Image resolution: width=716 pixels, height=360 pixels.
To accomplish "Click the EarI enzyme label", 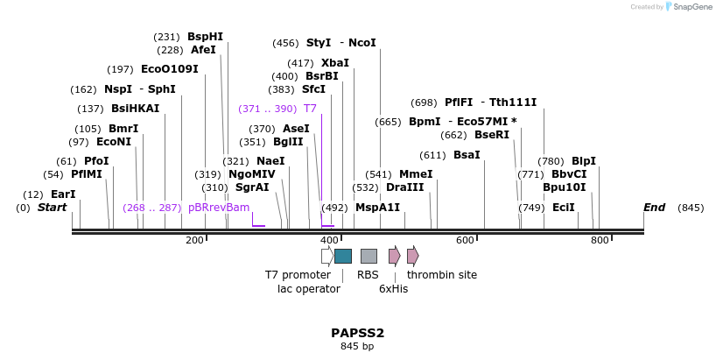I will click(x=63, y=194).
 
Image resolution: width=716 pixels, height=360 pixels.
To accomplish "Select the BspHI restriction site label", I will click(x=205, y=37).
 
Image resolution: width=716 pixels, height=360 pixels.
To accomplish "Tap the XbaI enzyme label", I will click(x=334, y=63).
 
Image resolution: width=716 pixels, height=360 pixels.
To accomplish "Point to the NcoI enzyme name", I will click(x=362, y=43).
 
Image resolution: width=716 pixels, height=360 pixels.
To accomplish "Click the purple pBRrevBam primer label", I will click(x=219, y=208).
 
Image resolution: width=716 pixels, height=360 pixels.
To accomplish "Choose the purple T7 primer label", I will click(x=310, y=109).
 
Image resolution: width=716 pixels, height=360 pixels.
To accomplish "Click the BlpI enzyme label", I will click(x=583, y=161).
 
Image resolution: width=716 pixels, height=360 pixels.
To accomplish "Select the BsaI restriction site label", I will click(x=467, y=155).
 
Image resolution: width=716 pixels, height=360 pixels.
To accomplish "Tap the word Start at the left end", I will click(x=52, y=208).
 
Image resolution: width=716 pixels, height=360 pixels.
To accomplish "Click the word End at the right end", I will click(x=654, y=208).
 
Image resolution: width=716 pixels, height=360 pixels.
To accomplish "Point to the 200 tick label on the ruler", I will click(x=194, y=240).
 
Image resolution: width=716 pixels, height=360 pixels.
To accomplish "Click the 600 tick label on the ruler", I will click(x=464, y=240).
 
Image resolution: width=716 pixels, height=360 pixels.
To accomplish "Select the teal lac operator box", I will click(x=343, y=256).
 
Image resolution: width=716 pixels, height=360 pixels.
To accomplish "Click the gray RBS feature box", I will click(x=369, y=256).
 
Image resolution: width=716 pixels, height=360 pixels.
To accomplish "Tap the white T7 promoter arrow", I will click(x=326, y=256).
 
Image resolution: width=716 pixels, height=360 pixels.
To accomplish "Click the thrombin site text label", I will click(x=441, y=275).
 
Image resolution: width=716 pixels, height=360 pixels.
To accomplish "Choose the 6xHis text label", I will click(x=393, y=288).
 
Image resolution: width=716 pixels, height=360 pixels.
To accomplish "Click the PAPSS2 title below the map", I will click(x=357, y=333).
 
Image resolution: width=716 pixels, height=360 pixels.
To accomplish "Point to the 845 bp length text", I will click(x=357, y=347).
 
